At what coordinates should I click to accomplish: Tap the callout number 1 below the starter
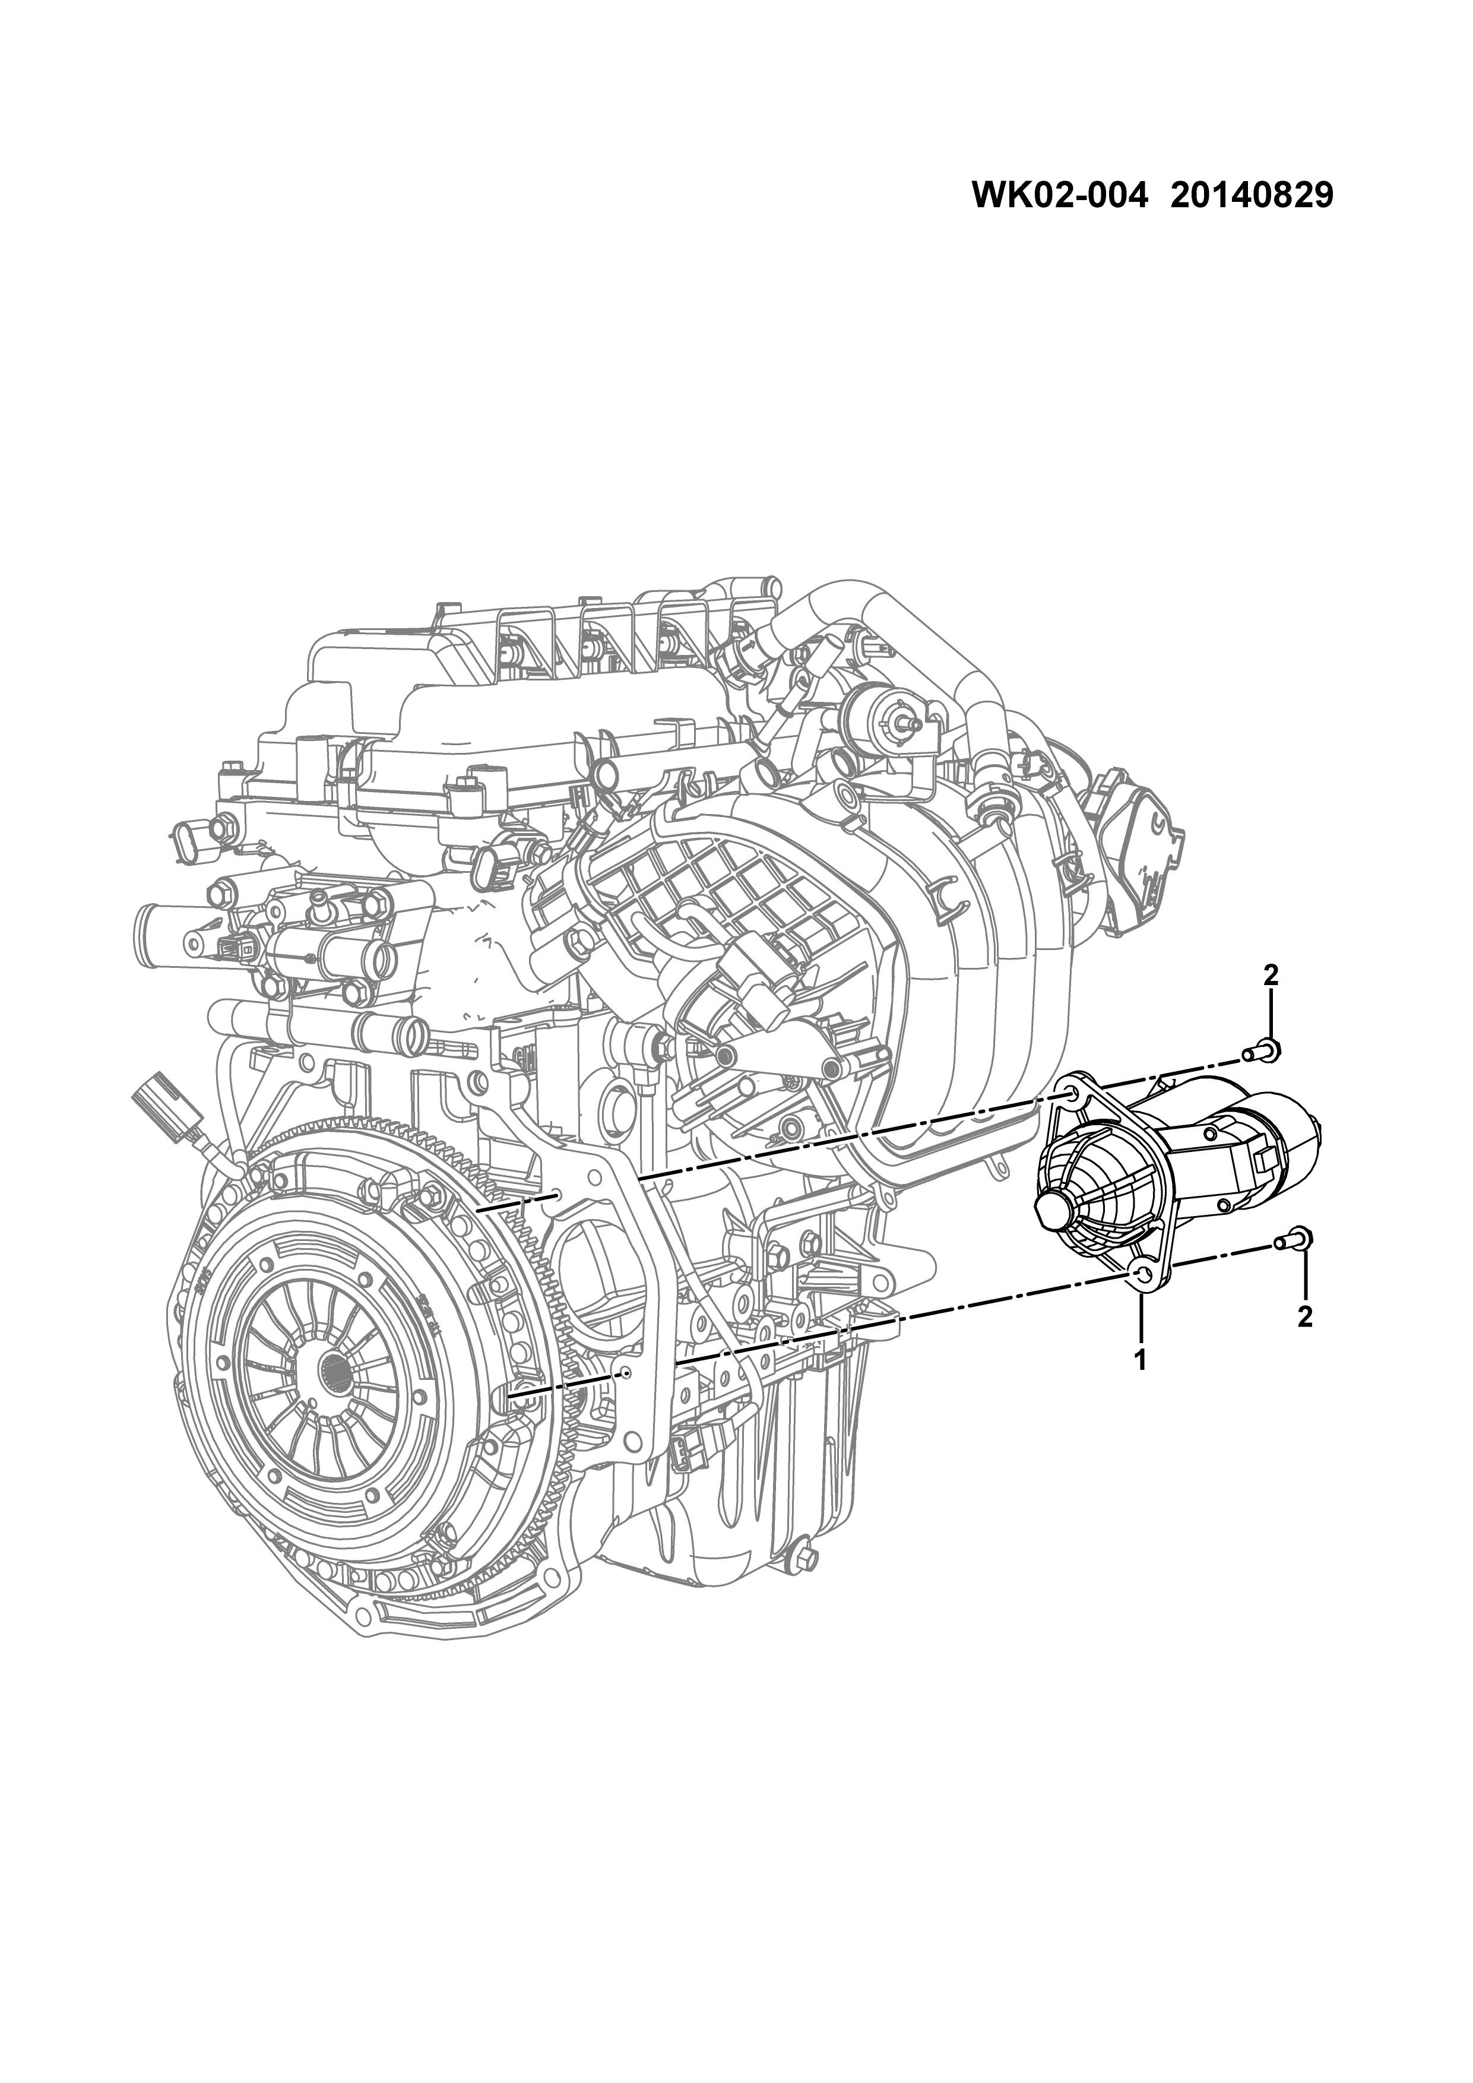(x=1140, y=1385)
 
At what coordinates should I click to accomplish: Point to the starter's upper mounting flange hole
(x=1073, y=1097)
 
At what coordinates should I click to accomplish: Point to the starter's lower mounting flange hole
(x=1142, y=1278)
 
